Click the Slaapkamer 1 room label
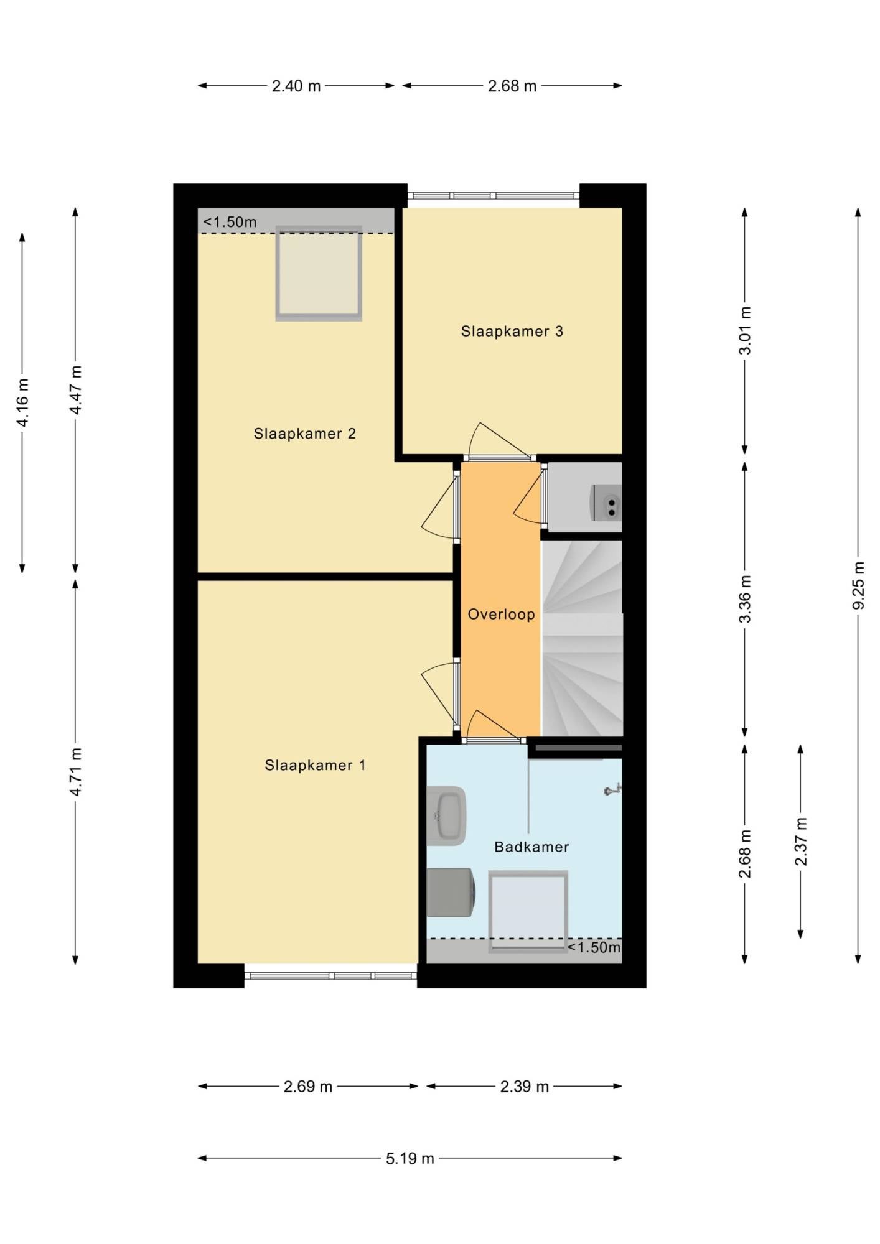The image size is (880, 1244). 315,765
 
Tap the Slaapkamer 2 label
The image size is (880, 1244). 304,434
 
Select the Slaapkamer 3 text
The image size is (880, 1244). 512,331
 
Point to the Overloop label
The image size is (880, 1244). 501,615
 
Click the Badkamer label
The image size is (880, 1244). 531,847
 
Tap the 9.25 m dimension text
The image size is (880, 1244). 858,585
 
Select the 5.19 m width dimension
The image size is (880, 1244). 410,1158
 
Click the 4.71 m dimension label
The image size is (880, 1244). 75,772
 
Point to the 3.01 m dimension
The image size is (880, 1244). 745,331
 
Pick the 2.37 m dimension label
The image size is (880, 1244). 801,842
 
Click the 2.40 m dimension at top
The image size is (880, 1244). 296,86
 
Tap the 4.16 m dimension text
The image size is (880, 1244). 22,403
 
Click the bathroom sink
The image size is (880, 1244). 447,815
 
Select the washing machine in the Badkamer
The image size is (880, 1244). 451,893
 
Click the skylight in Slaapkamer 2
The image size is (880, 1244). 319,273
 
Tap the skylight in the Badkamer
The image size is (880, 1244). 528,911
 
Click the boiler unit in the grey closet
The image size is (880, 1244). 607,503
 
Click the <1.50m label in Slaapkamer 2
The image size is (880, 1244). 230,222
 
